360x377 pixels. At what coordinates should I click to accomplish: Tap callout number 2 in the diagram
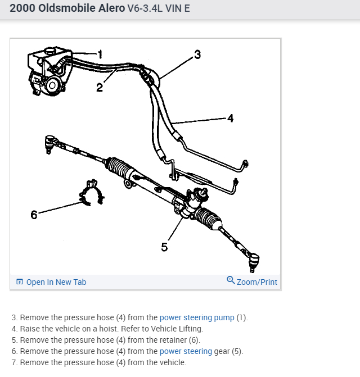[99, 87]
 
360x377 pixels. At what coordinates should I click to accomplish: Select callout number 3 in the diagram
[197, 54]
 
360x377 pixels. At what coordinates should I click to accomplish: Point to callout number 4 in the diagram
[229, 118]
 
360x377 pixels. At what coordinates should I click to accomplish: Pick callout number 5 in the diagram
[164, 247]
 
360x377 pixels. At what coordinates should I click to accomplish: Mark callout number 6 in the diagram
[34, 215]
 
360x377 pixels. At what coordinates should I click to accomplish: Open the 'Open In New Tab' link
[56, 282]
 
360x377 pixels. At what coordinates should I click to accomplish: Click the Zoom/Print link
[256, 282]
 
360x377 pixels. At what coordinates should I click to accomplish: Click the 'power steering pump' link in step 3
[197, 317]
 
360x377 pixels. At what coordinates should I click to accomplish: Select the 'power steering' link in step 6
[186, 351]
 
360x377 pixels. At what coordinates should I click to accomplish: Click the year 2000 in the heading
[22, 10]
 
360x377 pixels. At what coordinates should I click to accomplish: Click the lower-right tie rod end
[253, 260]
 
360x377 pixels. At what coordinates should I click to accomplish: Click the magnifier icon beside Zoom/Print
[230, 280]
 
